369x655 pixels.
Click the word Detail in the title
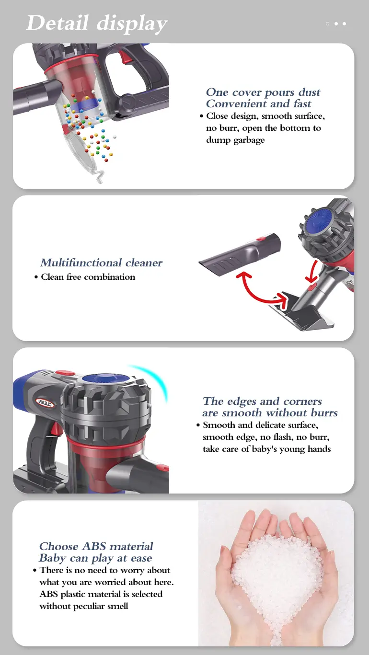[58, 23]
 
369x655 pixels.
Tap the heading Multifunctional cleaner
[101, 263]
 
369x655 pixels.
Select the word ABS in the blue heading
[94, 546]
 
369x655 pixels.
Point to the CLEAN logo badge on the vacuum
[45, 403]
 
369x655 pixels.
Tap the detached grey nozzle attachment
[240, 252]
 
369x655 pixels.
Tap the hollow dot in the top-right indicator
[327, 23]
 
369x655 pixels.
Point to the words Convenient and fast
[258, 104]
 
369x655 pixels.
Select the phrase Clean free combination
[88, 277]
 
